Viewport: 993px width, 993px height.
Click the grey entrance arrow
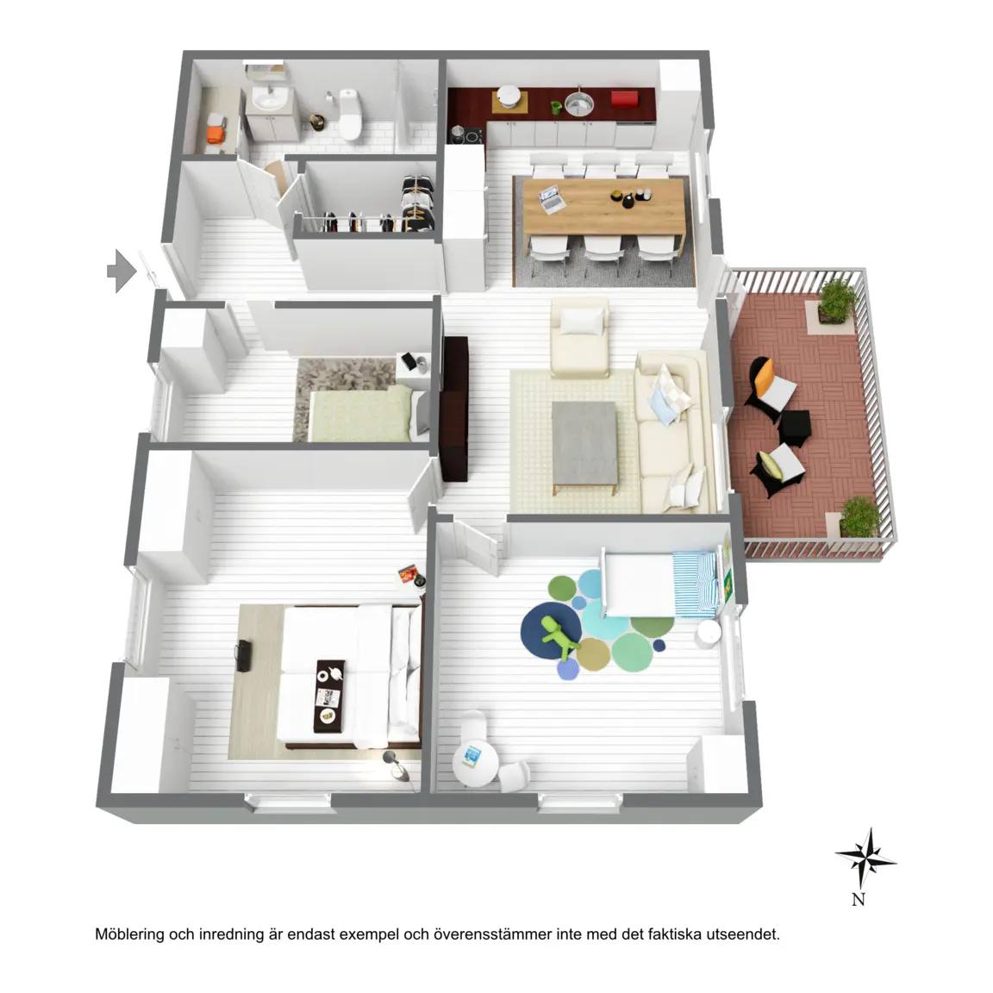pos(122,271)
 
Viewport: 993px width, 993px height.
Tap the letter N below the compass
pos(859,899)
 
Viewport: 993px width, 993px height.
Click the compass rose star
pos(865,859)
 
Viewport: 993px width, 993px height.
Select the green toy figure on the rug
pos(559,635)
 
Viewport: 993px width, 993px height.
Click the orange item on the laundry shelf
pos(216,134)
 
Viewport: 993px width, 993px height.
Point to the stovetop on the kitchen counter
pos(467,134)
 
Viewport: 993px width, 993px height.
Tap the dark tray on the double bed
pos(330,696)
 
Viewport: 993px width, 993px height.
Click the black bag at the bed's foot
pos(243,655)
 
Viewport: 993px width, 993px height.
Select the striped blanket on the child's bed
pos(694,584)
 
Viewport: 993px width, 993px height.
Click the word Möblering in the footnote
pos(130,934)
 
